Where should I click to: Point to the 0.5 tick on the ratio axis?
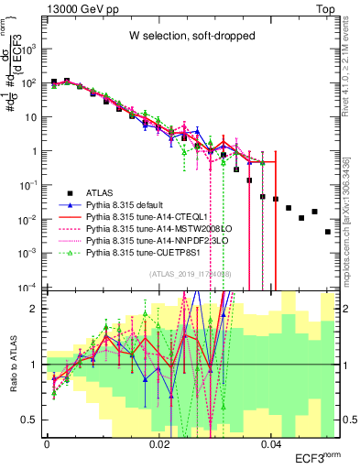click(x=34, y=420)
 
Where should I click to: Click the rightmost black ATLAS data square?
click(x=327, y=232)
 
